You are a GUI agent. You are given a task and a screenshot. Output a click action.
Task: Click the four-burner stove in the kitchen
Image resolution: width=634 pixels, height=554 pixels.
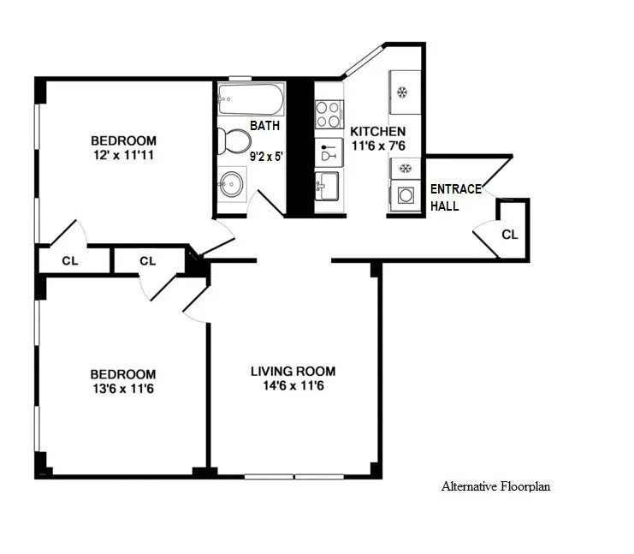point(329,115)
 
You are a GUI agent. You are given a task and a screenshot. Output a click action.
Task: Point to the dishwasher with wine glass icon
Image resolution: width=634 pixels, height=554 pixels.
point(329,154)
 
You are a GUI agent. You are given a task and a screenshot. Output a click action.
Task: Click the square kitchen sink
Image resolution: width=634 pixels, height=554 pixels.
point(328,185)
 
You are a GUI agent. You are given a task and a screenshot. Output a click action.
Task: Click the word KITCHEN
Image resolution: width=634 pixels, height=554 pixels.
point(377,132)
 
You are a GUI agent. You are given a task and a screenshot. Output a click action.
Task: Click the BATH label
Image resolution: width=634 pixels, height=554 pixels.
point(264,126)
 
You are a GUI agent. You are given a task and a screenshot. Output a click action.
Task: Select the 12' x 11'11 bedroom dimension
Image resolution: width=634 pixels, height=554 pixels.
point(124,156)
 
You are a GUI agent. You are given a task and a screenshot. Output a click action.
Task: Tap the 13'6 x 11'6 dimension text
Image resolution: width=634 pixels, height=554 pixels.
point(124,390)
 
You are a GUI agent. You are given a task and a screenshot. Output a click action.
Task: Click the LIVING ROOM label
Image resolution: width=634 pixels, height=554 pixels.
point(293,371)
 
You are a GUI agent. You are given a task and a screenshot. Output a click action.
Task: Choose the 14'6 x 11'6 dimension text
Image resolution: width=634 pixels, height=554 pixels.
point(293,386)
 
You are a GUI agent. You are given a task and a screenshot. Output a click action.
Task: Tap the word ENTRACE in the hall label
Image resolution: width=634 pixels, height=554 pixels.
point(455,189)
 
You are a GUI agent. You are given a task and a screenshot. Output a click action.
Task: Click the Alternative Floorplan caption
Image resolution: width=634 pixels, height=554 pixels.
point(495,486)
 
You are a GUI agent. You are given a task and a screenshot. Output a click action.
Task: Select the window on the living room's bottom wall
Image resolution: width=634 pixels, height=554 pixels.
point(293,475)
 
